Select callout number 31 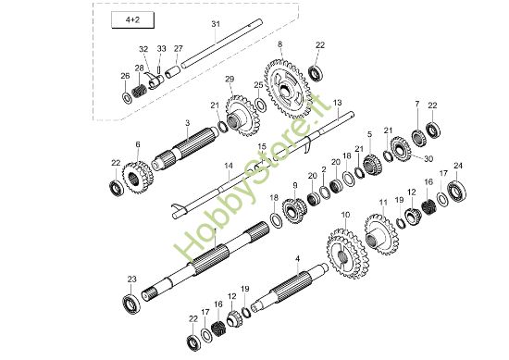point(215,22)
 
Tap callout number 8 point(279,44)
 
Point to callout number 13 point(337,102)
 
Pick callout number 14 point(227,167)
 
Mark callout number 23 point(131,278)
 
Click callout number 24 point(457,166)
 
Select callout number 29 point(230,80)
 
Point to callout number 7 point(416,104)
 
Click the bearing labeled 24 point(457,192)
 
